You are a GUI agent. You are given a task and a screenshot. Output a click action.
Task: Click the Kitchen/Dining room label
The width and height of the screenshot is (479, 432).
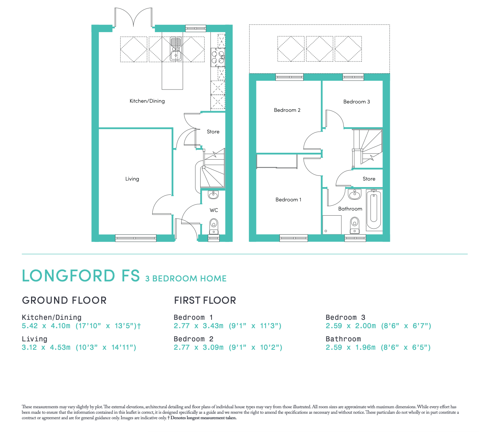click(147, 101)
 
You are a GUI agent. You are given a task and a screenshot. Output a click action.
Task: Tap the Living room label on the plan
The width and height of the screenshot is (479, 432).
click(132, 179)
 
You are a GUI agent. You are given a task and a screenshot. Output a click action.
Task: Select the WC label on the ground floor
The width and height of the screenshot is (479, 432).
click(214, 210)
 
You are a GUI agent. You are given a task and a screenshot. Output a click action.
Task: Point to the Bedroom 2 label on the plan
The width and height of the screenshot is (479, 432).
click(287, 110)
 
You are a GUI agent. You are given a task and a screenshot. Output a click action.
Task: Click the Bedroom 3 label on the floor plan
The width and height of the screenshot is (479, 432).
click(357, 102)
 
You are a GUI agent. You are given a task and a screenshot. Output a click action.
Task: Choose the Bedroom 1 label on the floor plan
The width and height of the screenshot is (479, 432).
click(288, 200)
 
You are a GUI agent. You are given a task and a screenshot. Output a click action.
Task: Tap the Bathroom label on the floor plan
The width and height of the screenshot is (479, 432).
click(350, 209)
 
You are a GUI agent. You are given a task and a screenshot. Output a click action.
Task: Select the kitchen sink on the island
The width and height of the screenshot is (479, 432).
click(176, 49)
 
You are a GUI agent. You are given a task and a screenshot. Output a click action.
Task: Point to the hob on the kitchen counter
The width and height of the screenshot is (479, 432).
click(217, 58)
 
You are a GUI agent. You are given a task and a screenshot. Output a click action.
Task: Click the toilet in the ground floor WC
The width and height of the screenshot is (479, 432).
click(214, 226)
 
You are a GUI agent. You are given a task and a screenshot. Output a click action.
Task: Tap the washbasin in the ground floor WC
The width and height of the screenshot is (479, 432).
click(213, 194)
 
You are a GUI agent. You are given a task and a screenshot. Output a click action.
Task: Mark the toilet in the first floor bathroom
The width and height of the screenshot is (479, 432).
click(354, 224)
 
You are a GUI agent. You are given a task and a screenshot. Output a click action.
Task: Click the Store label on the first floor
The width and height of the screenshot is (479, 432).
click(369, 179)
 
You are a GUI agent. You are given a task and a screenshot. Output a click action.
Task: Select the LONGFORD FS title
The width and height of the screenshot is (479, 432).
click(81, 276)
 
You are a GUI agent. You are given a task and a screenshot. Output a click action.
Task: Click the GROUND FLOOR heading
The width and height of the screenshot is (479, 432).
click(64, 300)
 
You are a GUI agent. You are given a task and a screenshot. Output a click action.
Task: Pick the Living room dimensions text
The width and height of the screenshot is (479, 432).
click(79, 347)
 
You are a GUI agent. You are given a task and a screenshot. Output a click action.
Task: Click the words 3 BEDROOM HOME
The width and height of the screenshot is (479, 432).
click(186, 278)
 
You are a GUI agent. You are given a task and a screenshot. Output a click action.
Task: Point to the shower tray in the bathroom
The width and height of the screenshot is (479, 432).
click(332, 224)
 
